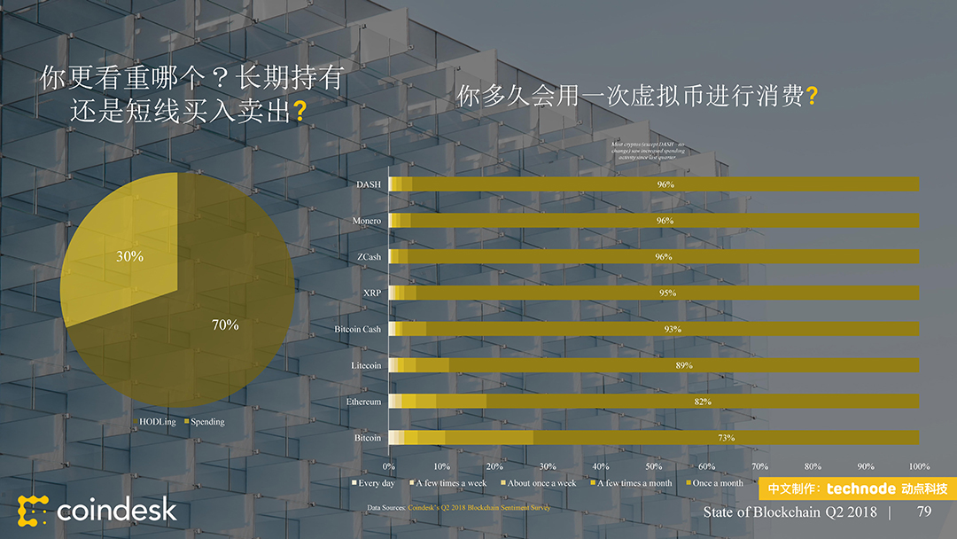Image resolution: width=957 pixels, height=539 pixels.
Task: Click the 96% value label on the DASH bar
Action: pos(665,184)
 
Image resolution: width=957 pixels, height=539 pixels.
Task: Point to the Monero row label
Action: pos(367,221)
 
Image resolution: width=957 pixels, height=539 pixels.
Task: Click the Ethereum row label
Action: pos(363,402)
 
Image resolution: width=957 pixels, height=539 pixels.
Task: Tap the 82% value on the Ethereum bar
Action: pos(702,402)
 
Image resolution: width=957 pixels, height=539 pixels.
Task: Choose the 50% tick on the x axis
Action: pos(654,466)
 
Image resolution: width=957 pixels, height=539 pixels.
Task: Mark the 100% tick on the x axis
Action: pos(919,466)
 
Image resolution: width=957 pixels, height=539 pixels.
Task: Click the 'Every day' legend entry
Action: pos(376,483)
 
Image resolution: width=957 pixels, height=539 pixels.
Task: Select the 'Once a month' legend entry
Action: pos(718,483)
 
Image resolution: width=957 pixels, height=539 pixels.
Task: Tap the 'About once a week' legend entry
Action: pos(541,483)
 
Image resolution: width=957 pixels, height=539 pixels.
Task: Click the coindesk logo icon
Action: pos(33,510)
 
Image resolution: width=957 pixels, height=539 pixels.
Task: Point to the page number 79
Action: pos(924,512)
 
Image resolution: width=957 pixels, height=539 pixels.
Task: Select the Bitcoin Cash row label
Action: pos(358,329)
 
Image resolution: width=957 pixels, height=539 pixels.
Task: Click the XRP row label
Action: pos(372,293)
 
